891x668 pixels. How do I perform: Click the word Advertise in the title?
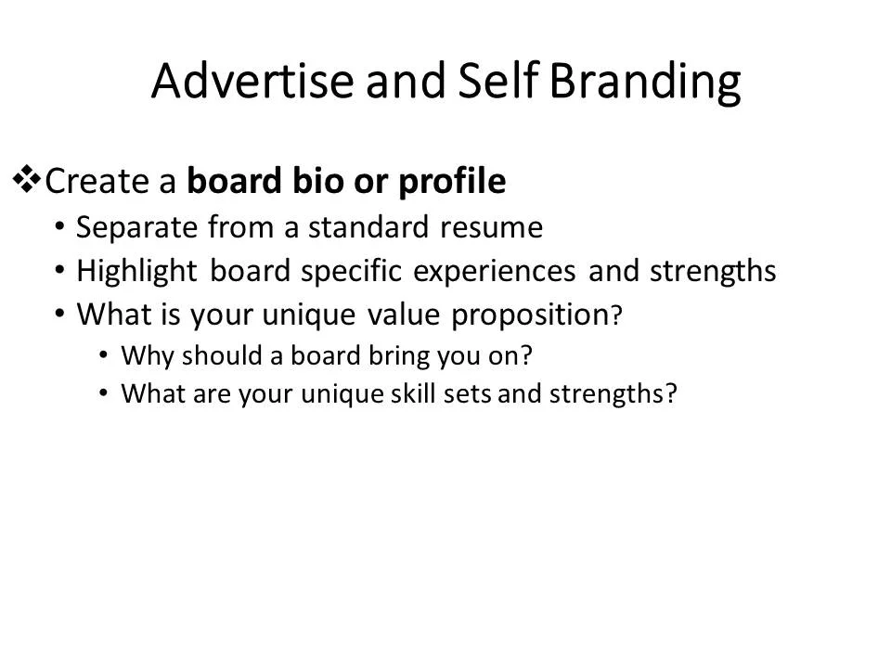pyautogui.click(x=252, y=82)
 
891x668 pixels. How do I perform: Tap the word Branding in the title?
pyautogui.click(x=645, y=83)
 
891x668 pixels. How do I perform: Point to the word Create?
pyautogui.click(x=97, y=182)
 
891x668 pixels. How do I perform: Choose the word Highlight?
pyautogui.click(x=137, y=272)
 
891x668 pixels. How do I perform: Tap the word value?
pyautogui.click(x=402, y=315)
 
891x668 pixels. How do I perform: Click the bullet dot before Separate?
pyautogui.click(x=60, y=225)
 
